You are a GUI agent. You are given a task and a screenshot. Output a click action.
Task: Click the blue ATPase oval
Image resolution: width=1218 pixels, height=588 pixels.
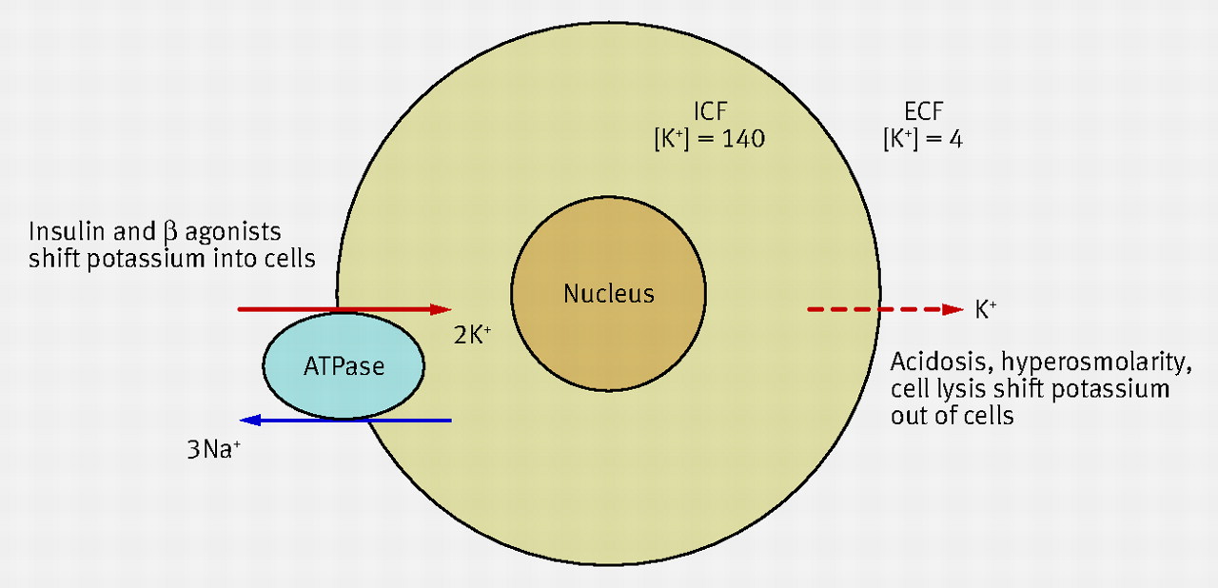point(343,365)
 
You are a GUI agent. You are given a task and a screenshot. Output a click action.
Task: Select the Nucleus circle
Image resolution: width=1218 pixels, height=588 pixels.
point(609,294)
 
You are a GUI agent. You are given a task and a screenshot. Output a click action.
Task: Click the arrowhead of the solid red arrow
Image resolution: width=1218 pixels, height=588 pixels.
point(442,309)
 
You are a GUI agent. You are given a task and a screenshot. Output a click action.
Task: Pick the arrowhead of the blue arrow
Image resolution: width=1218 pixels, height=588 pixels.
point(248,420)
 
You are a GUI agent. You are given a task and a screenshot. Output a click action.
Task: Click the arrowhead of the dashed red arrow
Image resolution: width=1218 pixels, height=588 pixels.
point(953,309)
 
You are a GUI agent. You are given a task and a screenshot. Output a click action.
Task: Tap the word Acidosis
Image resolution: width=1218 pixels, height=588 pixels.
point(932,363)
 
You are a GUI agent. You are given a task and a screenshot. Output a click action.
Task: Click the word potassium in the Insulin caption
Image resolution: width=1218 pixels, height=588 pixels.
point(135,259)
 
